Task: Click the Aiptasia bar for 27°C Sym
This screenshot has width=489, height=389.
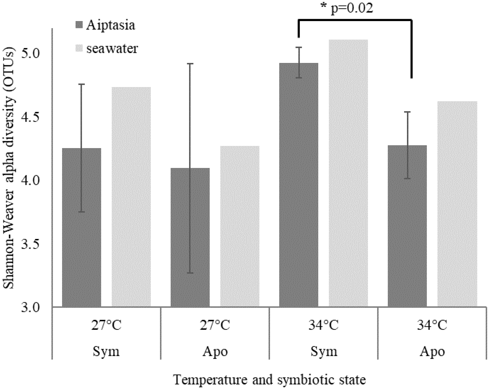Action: tap(81, 227)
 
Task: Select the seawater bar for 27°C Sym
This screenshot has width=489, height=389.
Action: tap(131, 197)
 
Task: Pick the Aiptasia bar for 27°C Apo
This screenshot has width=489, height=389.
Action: tap(190, 237)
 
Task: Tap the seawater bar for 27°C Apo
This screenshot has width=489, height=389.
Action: tap(240, 226)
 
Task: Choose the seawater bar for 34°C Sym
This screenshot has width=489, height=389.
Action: tap(348, 173)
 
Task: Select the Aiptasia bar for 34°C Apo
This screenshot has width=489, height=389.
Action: tap(407, 226)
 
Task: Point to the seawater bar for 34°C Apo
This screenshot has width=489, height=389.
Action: tap(457, 204)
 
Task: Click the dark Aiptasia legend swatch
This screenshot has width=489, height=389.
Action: tap(79, 25)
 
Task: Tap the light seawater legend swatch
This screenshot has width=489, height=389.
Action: tap(79, 49)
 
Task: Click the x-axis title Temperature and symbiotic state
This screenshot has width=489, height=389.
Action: tap(269, 380)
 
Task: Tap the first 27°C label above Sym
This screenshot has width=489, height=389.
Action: tap(106, 325)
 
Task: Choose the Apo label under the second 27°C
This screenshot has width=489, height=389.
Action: tap(215, 351)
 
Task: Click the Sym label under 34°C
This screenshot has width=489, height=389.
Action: tap(324, 351)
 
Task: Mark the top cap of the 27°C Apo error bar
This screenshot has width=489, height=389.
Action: tap(190, 64)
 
